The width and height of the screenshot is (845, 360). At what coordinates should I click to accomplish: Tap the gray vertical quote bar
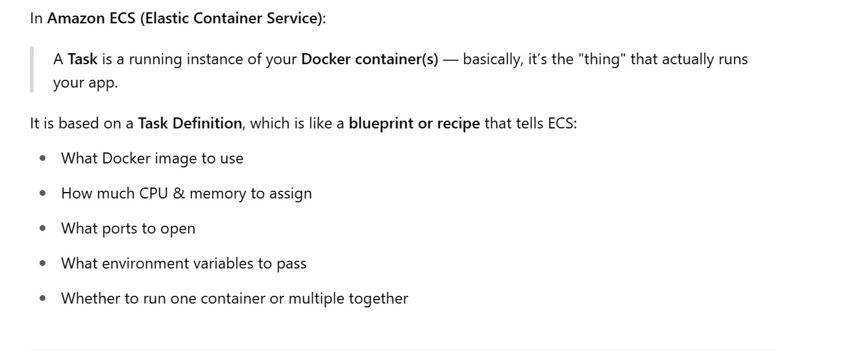pyautogui.click(x=31, y=70)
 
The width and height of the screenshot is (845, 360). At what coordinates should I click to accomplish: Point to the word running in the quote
pyautogui.click(x=155, y=60)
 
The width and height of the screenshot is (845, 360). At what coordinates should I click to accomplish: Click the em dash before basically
pyautogui.click(x=450, y=60)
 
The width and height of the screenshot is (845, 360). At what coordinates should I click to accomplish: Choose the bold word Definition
pyautogui.click(x=207, y=123)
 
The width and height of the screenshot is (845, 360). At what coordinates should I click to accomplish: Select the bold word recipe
pyautogui.click(x=457, y=123)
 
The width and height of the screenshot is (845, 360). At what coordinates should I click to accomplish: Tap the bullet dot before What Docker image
pyautogui.click(x=43, y=158)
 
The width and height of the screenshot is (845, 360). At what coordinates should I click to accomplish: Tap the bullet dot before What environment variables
pyautogui.click(x=43, y=263)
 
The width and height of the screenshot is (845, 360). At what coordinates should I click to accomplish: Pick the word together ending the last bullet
pyautogui.click(x=378, y=298)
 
